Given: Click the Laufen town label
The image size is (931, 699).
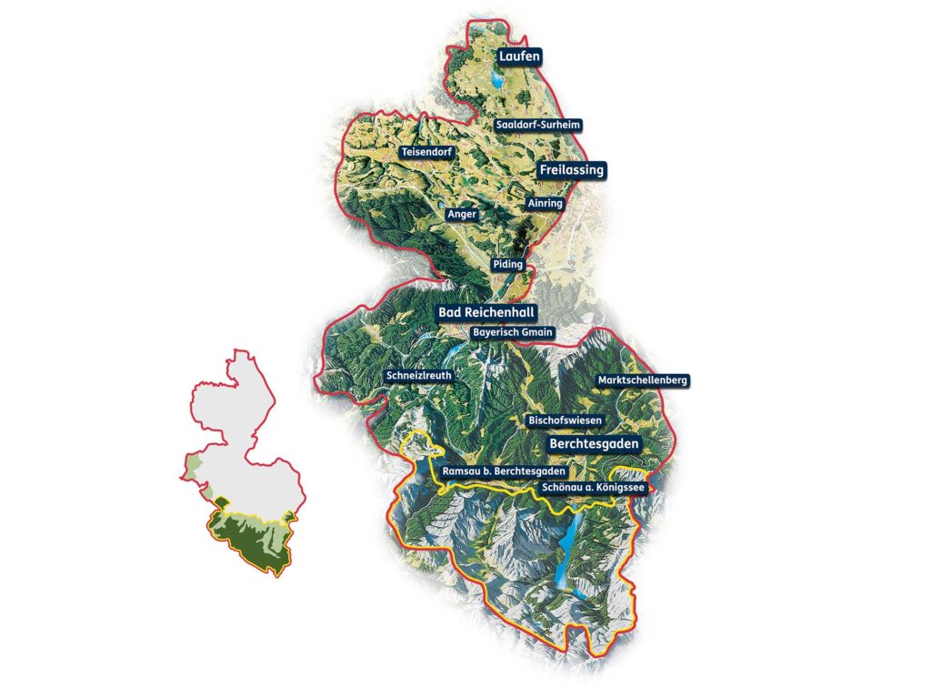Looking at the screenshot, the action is click(x=519, y=56).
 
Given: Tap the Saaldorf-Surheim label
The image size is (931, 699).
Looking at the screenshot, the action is click(x=538, y=124).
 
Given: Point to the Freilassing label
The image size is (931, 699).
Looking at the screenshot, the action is click(x=571, y=170).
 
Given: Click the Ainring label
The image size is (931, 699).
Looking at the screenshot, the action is click(x=546, y=204).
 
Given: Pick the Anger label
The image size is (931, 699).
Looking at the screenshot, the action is click(x=462, y=214).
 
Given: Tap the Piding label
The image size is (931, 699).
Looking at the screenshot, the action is click(x=508, y=264).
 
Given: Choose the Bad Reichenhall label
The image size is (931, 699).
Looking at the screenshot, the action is click(x=486, y=312).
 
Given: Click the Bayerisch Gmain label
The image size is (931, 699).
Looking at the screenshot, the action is click(x=513, y=332).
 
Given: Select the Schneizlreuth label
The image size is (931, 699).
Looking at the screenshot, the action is click(x=418, y=375).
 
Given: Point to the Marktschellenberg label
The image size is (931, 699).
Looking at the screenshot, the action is click(x=641, y=379).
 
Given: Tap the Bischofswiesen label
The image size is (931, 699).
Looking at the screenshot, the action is click(x=566, y=420).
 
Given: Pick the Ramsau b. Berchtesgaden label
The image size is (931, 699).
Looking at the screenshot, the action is click(x=503, y=472).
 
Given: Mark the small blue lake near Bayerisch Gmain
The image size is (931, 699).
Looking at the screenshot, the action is click(x=452, y=349).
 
